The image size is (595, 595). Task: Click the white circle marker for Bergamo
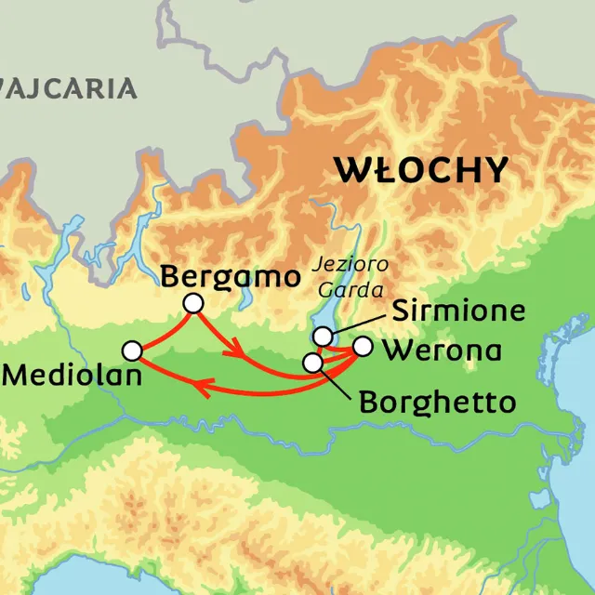193,303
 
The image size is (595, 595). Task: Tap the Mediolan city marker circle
132,350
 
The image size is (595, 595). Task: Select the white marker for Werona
363,347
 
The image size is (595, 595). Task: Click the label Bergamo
231,276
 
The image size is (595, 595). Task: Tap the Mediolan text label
73,377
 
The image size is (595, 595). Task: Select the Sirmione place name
458,311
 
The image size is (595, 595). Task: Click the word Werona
443,351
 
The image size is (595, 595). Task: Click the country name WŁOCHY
422,170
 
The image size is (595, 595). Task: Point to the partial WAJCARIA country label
69,89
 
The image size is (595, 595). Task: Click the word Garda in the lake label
337,289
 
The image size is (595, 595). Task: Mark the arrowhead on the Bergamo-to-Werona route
238,352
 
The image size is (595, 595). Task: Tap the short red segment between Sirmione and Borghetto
318,350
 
